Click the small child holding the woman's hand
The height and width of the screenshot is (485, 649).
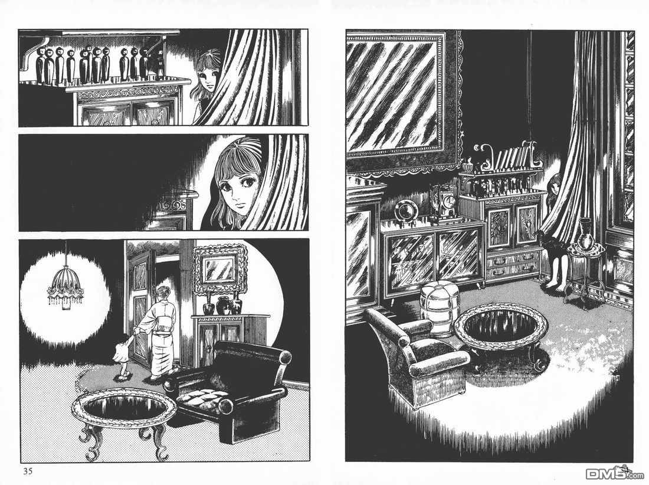point(123,358)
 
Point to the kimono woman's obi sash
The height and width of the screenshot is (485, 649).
point(166,319)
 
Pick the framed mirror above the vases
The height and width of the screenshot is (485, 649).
point(221,269)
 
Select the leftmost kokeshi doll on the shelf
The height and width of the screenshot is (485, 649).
point(40,64)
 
